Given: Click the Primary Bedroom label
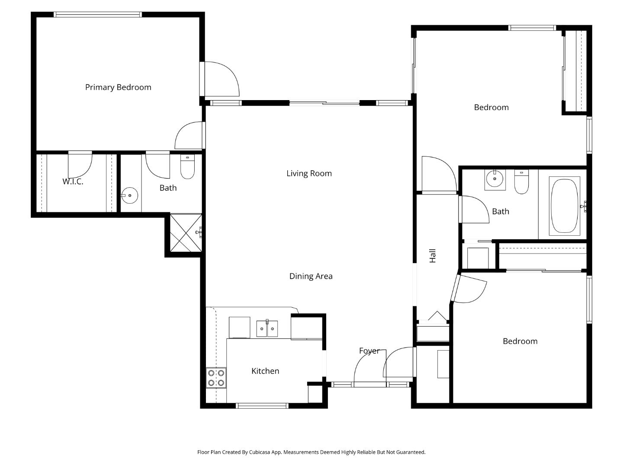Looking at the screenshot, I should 118,87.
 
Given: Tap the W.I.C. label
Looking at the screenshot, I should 73,182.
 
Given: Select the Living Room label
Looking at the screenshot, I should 309,173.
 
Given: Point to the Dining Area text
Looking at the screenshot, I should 311,276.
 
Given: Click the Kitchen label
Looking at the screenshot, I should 265,371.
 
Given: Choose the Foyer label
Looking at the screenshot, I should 369,351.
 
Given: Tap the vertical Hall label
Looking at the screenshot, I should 432,256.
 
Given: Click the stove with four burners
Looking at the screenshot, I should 216,377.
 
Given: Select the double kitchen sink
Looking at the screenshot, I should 267,328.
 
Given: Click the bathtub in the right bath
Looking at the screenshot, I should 564,206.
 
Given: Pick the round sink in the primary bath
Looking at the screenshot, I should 129,196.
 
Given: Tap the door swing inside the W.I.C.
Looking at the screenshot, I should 80,164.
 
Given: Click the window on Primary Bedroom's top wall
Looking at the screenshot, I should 98,15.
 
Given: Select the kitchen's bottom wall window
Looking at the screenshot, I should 262,406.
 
